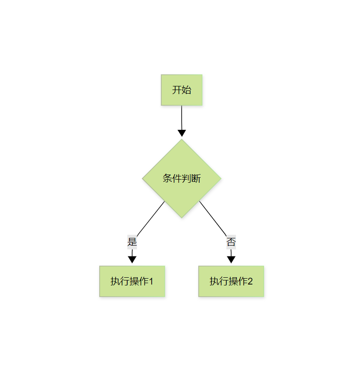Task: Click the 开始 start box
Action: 181,90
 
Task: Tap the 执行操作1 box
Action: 132,281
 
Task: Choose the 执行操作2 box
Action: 231,281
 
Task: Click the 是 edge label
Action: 132,242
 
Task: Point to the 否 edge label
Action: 231,242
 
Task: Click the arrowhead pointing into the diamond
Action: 182,133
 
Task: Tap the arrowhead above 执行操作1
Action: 132,259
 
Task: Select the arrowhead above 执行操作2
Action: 231,259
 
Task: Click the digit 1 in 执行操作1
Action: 151,281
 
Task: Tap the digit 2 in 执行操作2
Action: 250,281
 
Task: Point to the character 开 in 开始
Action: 177,90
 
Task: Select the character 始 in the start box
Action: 186,90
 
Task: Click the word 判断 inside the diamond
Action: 191,179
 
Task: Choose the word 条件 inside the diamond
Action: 172,179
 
